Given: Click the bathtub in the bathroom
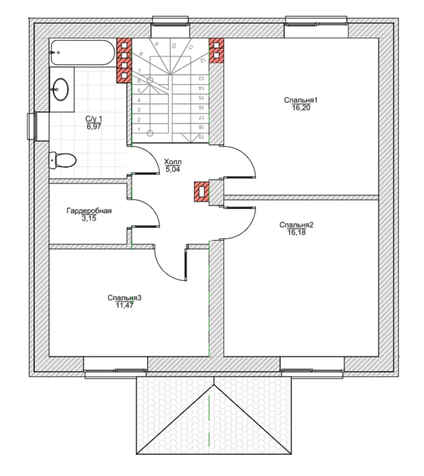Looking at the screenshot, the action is pyautogui.click(x=82, y=52).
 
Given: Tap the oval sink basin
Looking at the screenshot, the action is pyautogui.click(x=60, y=89).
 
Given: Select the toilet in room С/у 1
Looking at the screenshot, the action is pyautogui.click(x=63, y=160).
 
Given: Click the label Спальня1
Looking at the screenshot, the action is pyautogui.click(x=301, y=100).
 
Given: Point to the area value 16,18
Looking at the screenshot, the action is pyautogui.click(x=296, y=233).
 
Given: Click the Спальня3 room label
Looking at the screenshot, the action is pyautogui.click(x=124, y=297).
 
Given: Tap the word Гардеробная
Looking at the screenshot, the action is pyautogui.click(x=89, y=210).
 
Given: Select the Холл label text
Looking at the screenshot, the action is pyautogui.click(x=173, y=161).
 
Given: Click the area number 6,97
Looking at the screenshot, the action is pyautogui.click(x=94, y=126).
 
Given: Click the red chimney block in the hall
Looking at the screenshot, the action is pyautogui.click(x=201, y=192).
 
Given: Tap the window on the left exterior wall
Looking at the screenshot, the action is pyautogui.click(x=32, y=126).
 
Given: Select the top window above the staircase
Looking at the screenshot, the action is pyautogui.click(x=170, y=24).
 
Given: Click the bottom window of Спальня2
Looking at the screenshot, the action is pyautogui.click(x=312, y=371).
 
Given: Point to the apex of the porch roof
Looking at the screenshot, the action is pyautogui.click(x=214, y=385).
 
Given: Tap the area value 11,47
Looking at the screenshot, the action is pyautogui.click(x=124, y=305).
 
